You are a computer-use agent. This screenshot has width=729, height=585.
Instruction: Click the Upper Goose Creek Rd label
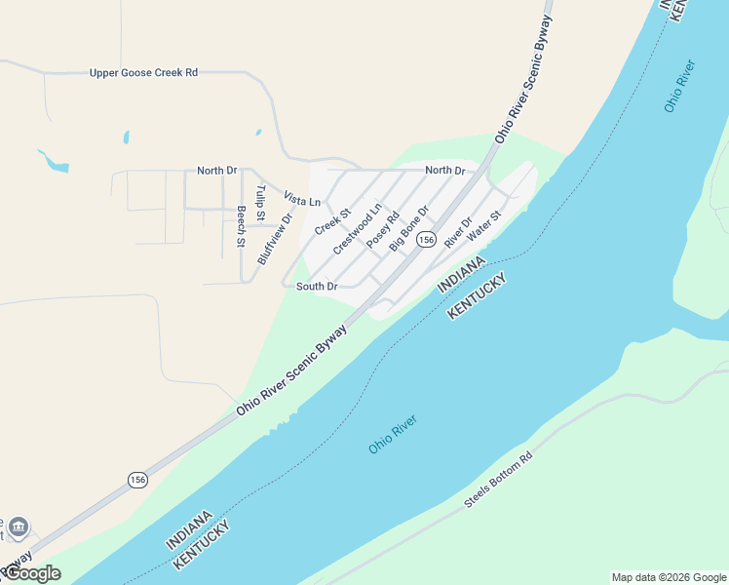[x=143, y=73]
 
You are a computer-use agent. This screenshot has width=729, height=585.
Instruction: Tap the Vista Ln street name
[x=302, y=200]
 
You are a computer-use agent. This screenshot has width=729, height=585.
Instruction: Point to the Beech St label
[x=241, y=227]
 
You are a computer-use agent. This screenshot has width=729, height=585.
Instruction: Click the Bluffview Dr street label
[x=275, y=239]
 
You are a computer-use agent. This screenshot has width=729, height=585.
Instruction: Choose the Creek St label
[x=332, y=221]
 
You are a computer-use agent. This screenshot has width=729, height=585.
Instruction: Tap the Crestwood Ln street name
[x=357, y=229]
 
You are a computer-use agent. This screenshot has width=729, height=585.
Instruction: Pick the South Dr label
[x=317, y=287]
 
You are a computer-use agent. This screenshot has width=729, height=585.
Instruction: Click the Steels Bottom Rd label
[x=498, y=480]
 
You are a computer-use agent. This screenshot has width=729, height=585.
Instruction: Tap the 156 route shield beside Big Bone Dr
[x=425, y=240]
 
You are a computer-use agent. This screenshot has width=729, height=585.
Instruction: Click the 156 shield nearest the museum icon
[x=137, y=480]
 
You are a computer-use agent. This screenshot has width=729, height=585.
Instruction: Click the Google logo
[x=32, y=573]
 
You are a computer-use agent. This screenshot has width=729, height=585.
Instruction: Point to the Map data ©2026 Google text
[x=669, y=577]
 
